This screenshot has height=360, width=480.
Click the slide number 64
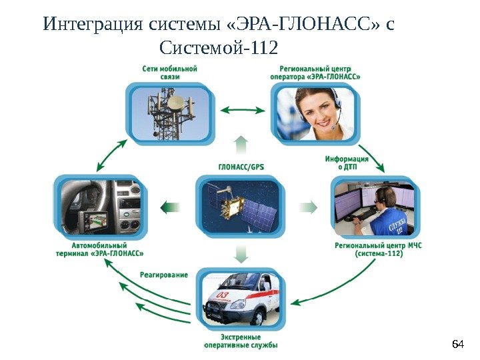pyautogui.click(x=457, y=344)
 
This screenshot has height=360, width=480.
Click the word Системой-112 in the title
pyautogui.click(x=219, y=48)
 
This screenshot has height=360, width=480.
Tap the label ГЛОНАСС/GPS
pyautogui.click(x=241, y=167)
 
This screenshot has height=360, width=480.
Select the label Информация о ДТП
pyautogui.click(x=347, y=163)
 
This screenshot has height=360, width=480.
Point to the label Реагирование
pyautogui.click(x=163, y=275)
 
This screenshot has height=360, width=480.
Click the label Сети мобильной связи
pyautogui.click(x=169, y=72)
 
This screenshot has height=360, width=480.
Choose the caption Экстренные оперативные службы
pyautogui.click(x=241, y=341)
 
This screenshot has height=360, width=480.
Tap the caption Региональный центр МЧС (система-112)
pyautogui.click(x=378, y=249)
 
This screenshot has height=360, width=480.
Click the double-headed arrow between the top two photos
pyautogui.click(x=242, y=110)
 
